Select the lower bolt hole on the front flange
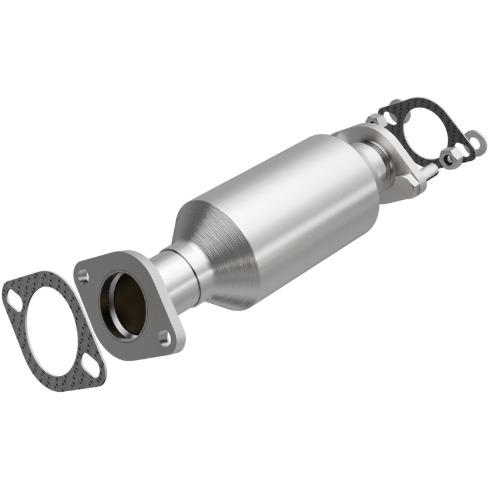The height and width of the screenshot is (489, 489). [x=164, y=336]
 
